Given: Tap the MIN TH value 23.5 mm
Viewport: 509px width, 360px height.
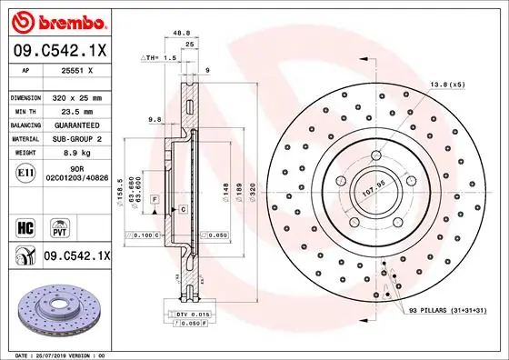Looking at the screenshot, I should click(86, 110).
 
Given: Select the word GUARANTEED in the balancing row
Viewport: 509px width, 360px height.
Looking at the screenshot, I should click(86, 125).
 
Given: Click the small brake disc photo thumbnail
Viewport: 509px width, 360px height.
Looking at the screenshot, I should click(63, 309).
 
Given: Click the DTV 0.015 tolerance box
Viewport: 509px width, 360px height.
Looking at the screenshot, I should click(190, 313).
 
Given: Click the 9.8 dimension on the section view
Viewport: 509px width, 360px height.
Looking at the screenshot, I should click(154, 118).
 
